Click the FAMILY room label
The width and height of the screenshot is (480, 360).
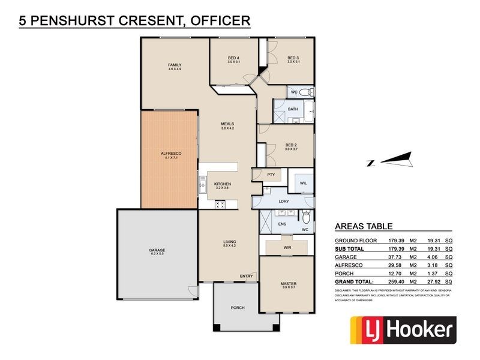(175, 65)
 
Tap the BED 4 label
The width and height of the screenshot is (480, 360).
(234, 58)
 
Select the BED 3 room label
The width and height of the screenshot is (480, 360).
(293, 58)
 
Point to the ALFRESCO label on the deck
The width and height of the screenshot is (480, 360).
(171, 154)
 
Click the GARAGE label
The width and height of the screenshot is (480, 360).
(157, 250)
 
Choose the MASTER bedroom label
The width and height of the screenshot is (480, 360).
(289, 283)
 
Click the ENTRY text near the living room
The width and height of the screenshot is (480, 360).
(246, 276)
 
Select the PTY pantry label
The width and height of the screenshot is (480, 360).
(271, 174)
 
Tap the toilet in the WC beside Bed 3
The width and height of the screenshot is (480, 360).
(306, 92)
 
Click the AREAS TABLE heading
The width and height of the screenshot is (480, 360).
(363, 226)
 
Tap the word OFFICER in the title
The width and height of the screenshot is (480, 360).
(220, 21)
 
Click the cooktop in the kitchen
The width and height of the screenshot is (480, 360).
(219, 204)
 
